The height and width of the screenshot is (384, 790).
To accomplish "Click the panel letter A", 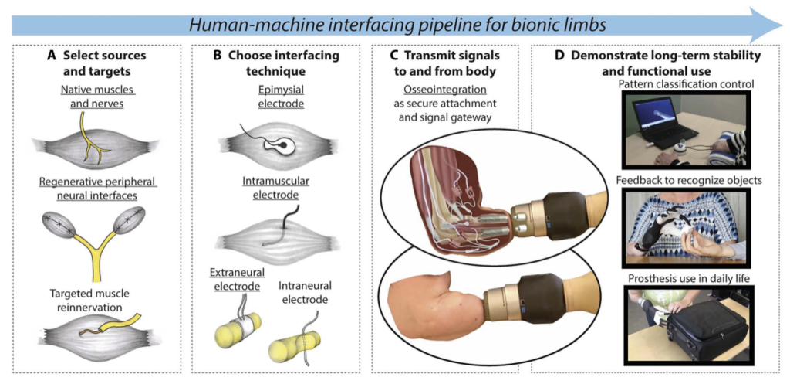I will point(52,56).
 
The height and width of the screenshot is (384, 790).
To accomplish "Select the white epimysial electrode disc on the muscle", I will point(276,144).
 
